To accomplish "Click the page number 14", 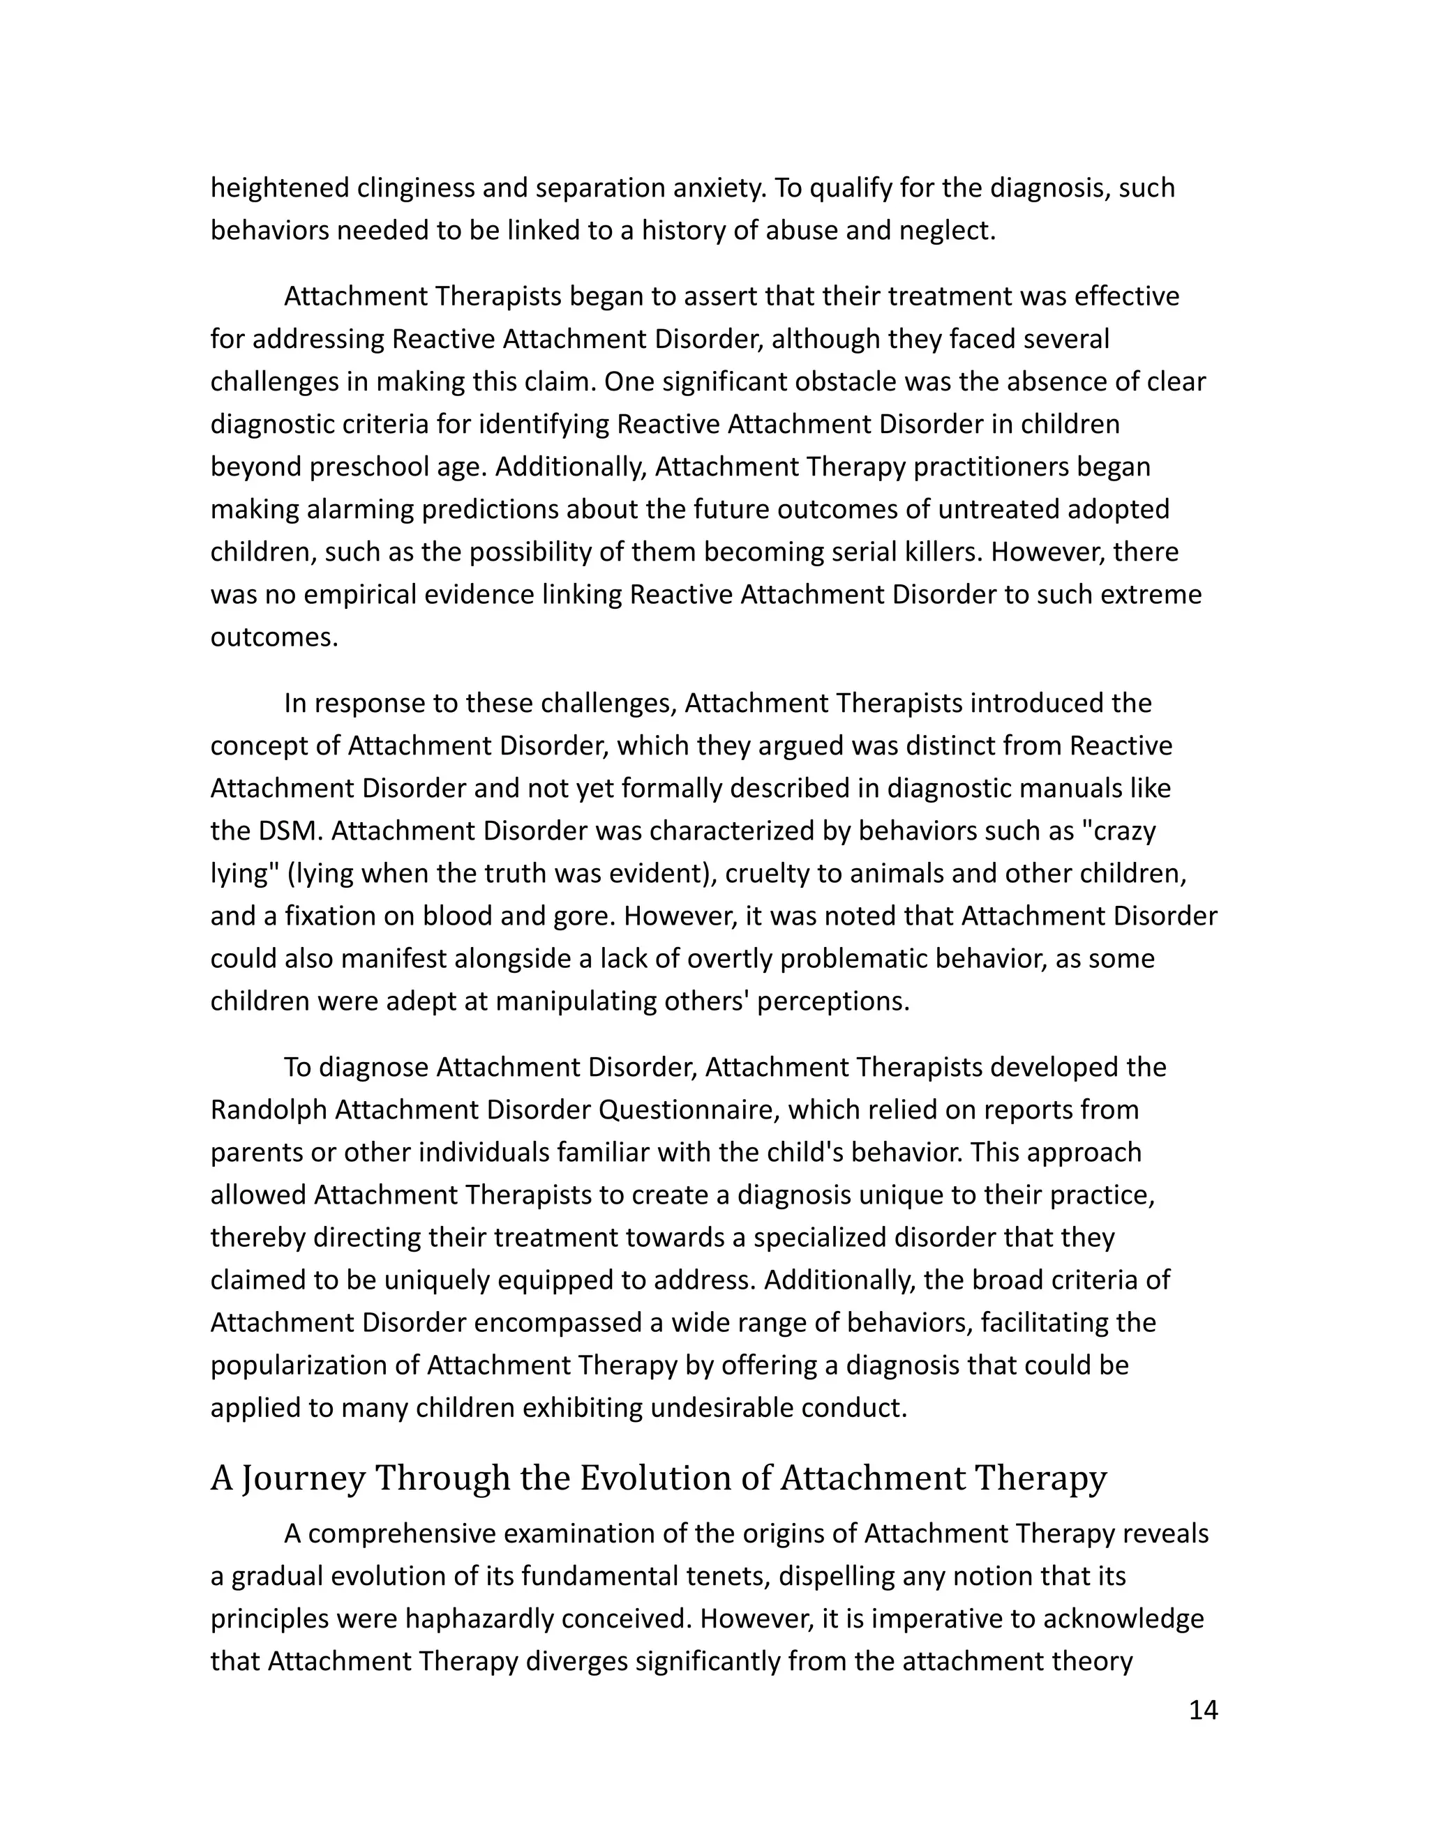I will (1203, 1710).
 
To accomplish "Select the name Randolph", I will (269, 1109).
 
